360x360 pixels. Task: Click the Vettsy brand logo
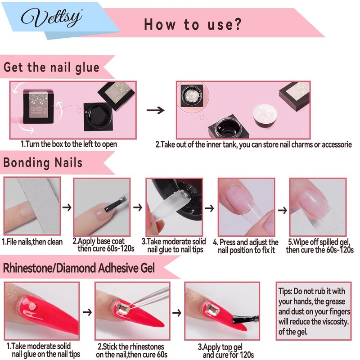click(52, 18)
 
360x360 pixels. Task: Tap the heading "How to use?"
click(193, 24)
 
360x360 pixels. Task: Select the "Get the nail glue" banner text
click(51, 67)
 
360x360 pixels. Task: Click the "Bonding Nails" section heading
click(43, 162)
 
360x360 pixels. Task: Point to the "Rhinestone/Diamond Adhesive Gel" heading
click(79, 268)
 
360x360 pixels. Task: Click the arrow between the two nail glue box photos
click(155, 110)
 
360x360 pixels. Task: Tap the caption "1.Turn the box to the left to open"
click(69, 144)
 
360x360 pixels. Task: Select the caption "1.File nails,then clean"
click(32, 242)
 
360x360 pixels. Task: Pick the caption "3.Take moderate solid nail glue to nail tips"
click(174, 245)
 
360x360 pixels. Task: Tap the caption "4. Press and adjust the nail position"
click(246, 246)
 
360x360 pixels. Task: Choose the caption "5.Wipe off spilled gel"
click(319, 246)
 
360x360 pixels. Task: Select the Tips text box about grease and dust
click(314, 311)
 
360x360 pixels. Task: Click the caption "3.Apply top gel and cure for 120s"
click(226, 351)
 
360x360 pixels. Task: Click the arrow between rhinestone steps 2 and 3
click(177, 312)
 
